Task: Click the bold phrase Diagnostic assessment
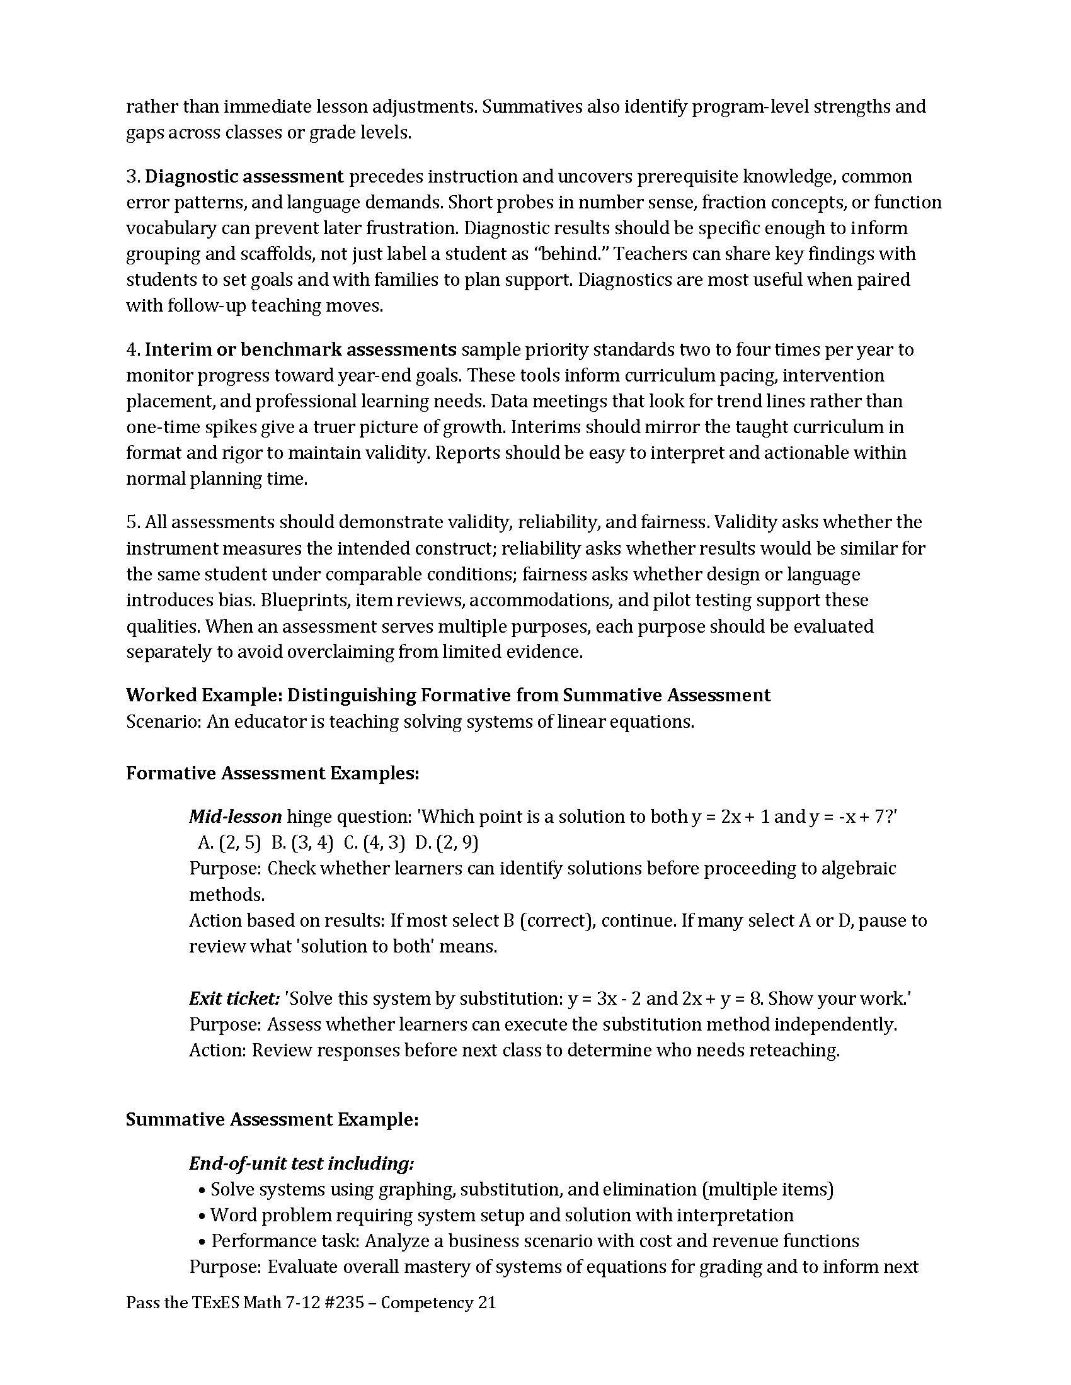tap(244, 176)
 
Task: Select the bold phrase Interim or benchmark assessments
tap(301, 349)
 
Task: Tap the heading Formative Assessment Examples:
tap(272, 773)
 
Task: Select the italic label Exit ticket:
tap(234, 999)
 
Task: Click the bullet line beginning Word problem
tap(501, 1215)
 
